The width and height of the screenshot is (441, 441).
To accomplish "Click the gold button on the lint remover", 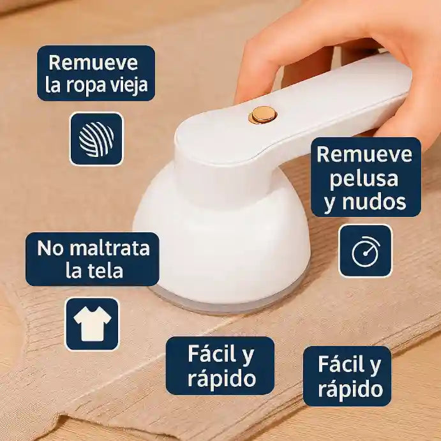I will pos(262,115).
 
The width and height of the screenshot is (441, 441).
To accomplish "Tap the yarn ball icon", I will pos(96,139).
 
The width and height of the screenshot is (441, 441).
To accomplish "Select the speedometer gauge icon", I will pos(365,251).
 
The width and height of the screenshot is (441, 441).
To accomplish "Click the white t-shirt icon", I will pos(93,324).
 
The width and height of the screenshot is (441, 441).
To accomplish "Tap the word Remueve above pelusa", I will pos(364,154).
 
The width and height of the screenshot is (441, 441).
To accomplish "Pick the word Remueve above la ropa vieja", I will pos(93,63).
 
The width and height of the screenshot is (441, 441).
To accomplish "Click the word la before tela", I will pos(74,271).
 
